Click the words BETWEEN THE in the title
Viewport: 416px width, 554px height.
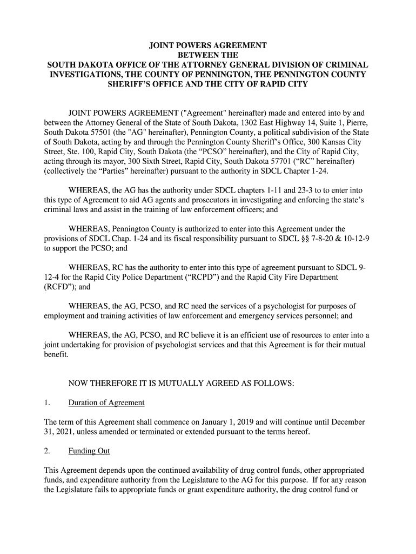click(x=208, y=55)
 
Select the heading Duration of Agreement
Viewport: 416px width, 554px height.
click(x=106, y=403)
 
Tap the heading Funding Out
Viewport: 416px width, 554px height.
click(x=89, y=451)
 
